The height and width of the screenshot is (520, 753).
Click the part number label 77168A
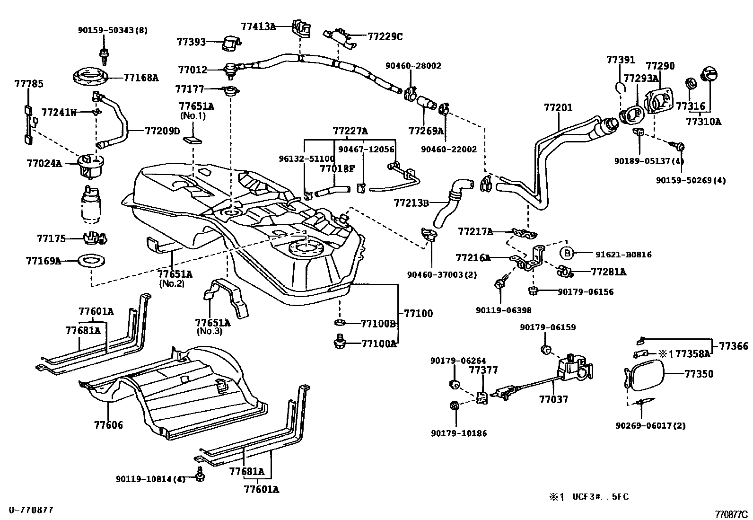pos(140,78)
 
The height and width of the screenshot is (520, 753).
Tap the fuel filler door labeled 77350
pos(643,375)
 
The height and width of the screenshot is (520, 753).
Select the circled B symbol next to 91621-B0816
pos(567,254)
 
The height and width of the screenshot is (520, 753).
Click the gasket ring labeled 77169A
pos(90,260)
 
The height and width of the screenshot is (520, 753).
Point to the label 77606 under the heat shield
pos(108,425)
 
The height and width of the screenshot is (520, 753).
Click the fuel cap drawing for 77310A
pos(708,74)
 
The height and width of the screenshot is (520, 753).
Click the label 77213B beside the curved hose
pos(411,203)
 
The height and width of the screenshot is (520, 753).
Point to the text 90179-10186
pos(458,433)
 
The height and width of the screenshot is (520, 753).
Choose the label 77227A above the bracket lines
pos(350,131)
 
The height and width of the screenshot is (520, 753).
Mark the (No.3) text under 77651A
pos(209,331)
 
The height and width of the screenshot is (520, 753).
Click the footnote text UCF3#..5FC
pos(600,497)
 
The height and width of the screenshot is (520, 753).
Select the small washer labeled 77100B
pos(339,323)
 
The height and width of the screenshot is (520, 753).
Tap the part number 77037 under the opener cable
pos(553,399)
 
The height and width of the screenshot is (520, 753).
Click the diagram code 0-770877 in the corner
pos(30,510)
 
